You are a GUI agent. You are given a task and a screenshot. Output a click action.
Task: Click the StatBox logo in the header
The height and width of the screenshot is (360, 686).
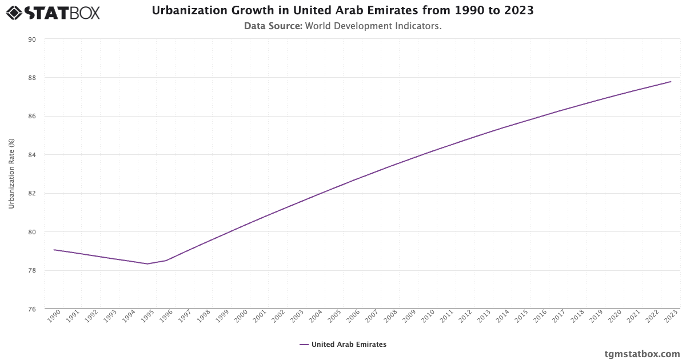point(53,12)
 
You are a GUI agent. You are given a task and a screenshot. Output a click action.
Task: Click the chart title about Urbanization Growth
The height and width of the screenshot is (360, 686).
point(342,11)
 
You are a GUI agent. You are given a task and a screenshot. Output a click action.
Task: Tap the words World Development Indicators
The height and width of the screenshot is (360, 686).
point(373,26)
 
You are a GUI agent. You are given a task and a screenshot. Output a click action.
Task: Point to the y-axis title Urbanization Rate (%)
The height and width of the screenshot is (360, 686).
point(11,174)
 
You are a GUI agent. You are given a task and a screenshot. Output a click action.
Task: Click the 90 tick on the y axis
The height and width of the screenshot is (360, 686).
point(32,39)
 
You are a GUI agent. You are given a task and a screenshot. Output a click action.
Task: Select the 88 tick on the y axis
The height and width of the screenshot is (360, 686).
point(32,78)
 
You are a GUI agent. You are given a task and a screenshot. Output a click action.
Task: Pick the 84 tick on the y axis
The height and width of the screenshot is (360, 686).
point(32,155)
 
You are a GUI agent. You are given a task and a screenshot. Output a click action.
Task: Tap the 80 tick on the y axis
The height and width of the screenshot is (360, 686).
point(32,232)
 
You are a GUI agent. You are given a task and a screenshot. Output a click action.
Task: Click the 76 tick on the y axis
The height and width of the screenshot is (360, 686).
point(32,309)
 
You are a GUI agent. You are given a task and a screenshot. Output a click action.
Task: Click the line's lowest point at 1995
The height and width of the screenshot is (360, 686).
point(147,263)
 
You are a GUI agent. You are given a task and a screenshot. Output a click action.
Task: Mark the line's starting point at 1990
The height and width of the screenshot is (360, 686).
point(54,250)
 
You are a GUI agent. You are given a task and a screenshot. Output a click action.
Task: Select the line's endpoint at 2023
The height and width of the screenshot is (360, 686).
point(671,82)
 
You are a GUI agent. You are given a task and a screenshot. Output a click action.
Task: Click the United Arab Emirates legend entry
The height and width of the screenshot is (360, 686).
point(342,345)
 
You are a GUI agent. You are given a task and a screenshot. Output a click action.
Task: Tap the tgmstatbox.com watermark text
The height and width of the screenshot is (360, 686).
point(642,354)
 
